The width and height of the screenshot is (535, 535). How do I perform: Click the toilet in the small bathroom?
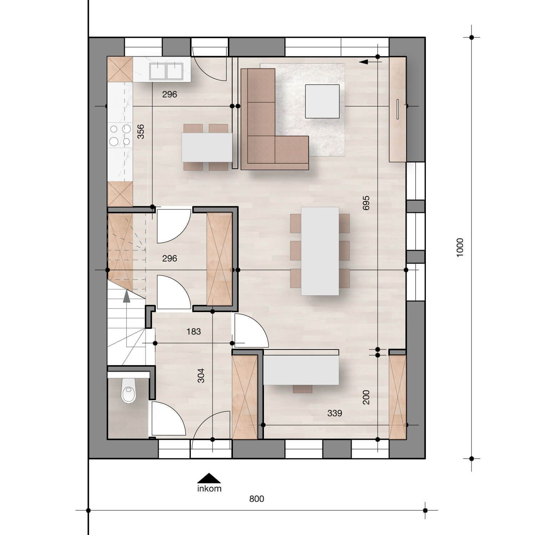click(x=129, y=391)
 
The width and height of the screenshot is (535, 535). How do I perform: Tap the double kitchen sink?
click(x=166, y=71)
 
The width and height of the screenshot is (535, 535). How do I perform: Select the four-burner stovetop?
click(x=120, y=135)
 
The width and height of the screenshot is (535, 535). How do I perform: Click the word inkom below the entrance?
click(x=209, y=488)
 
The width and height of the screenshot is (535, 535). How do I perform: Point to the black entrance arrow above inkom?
click(x=209, y=478)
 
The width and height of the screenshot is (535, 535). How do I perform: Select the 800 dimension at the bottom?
click(x=256, y=499)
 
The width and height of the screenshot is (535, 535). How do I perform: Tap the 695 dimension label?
click(x=366, y=203)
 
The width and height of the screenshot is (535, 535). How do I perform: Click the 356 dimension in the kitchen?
click(x=141, y=131)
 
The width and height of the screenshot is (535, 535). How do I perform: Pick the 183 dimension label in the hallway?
click(x=194, y=331)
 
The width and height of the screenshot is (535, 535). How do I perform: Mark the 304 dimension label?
click(x=201, y=376)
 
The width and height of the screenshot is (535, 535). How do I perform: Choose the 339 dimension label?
click(x=335, y=413)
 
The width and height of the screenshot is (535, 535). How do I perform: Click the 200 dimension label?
click(x=366, y=397)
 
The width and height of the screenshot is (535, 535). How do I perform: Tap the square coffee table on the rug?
click(x=322, y=101)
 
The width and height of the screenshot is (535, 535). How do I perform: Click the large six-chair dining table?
click(x=320, y=251)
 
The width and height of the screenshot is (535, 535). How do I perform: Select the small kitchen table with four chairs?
click(x=207, y=147)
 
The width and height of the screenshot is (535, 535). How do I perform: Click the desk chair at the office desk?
click(x=302, y=389)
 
